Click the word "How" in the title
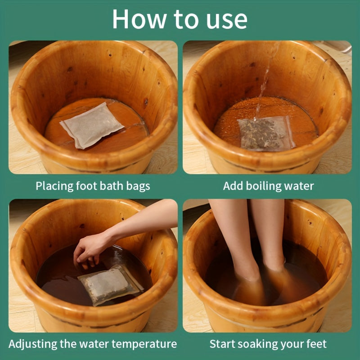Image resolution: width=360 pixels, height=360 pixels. tap(139, 19)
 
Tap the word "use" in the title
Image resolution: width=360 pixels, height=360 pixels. tap(227, 21)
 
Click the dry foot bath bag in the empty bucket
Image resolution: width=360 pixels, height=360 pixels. tap(91, 126)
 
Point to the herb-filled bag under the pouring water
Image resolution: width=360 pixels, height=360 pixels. tap(266, 134)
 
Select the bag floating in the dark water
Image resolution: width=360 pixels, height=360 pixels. tap(111, 285)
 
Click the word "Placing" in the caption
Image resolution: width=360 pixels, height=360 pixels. tap(54, 186)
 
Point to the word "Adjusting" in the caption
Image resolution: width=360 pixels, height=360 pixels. tap(33, 344)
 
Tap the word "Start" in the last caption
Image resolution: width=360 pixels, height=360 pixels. tap(222, 344)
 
